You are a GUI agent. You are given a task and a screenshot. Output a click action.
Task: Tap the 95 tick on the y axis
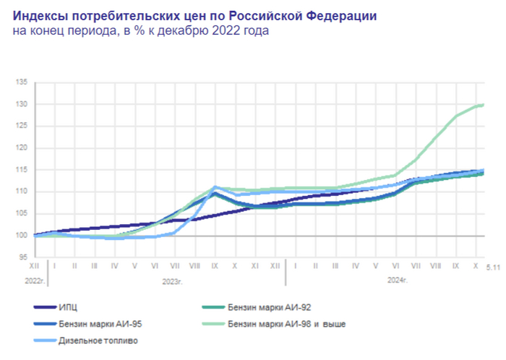(22, 257)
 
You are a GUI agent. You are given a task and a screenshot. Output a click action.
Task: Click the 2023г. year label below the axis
(171, 279)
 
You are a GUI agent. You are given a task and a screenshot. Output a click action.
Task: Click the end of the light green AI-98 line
(482, 105)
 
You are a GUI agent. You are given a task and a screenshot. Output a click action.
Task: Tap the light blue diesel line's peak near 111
(215, 187)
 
